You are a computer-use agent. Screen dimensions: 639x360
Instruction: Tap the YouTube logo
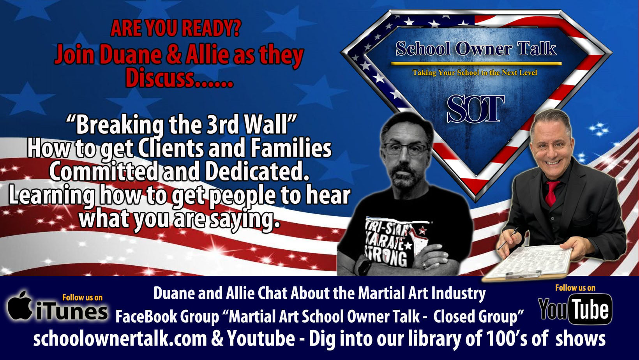[x=575, y=309]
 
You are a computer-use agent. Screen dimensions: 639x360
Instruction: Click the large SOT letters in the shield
[x=475, y=109]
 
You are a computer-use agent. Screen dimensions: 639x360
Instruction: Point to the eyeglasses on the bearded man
[x=406, y=149]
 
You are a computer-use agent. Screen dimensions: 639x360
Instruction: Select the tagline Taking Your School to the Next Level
[x=475, y=72]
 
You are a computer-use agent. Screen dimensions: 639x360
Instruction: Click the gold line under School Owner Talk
[x=476, y=64]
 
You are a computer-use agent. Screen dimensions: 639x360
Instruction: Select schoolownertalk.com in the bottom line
[x=120, y=339]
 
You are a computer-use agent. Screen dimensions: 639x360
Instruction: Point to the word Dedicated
[x=257, y=171]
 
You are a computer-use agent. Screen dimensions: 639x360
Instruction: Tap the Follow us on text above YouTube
[x=575, y=288]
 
